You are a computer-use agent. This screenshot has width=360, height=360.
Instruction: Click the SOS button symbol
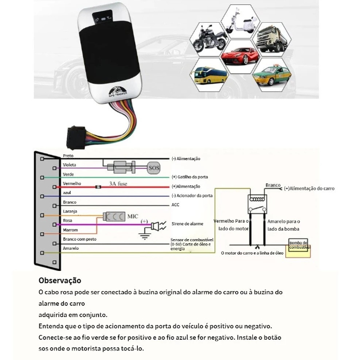pyautogui.click(x=154, y=168)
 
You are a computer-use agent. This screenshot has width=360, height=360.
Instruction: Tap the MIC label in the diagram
pyautogui.click(x=133, y=216)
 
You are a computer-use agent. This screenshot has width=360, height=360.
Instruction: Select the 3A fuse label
pyautogui.click(x=118, y=183)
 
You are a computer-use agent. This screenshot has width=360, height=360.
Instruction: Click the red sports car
pyautogui.click(x=240, y=56)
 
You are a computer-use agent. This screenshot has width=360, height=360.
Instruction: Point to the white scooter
pyautogui.click(x=241, y=22)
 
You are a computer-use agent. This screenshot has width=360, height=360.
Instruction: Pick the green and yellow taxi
pyautogui.click(x=272, y=75)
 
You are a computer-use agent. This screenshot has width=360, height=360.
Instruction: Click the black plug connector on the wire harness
pyautogui.click(x=76, y=137)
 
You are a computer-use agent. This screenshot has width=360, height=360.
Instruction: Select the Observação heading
pyautogui.click(x=60, y=280)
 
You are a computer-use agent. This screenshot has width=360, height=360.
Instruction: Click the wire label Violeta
pyautogui.click(x=69, y=165)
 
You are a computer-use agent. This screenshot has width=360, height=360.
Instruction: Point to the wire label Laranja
pyautogui.click(x=70, y=211)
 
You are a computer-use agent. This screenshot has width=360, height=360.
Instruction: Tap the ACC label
pyautogui.click(x=175, y=205)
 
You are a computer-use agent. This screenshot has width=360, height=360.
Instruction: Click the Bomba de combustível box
pyautogui.click(x=298, y=245)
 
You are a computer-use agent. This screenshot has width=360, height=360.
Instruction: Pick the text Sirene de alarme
pyautogui.click(x=187, y=224)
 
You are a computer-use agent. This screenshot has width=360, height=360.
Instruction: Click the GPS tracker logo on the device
pyautogui.click(x=118, y=91)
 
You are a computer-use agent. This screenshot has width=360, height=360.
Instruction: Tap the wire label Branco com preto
pyautogui.click(x=80, y=239)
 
